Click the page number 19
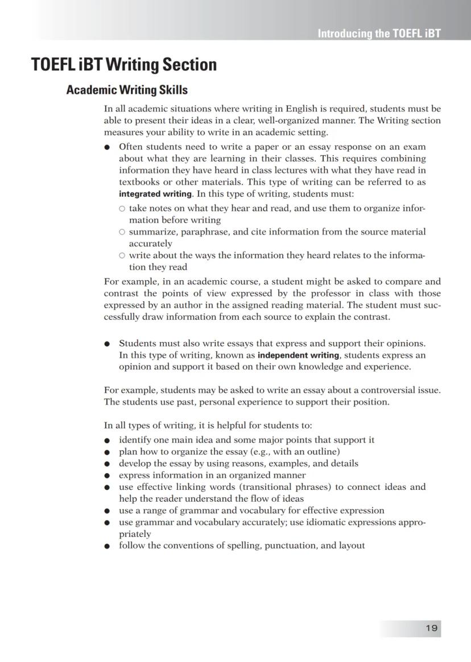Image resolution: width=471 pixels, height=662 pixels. point(431,628)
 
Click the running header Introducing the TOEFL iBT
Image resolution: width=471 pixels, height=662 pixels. point(379,33)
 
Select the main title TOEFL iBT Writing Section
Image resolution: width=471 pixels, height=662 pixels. point(124,65)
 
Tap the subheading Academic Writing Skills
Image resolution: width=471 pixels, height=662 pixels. point(127,90)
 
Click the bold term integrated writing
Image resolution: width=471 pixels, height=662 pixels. point(155,194)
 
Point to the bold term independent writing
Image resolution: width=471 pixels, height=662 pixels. point(299,355)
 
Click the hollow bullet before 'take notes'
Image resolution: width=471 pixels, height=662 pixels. point(122,209)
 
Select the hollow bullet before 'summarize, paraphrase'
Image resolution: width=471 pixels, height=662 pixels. point(122,232)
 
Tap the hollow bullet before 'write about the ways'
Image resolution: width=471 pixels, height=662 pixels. point(122,256)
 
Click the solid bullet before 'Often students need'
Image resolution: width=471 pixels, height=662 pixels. point(107,147)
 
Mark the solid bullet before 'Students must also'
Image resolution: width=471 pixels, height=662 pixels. point(107,344)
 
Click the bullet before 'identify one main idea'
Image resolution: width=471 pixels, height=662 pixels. point(107,440)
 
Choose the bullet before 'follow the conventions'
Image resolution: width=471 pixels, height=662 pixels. point(107,546)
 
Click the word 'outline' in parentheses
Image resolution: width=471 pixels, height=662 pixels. point(320,452)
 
